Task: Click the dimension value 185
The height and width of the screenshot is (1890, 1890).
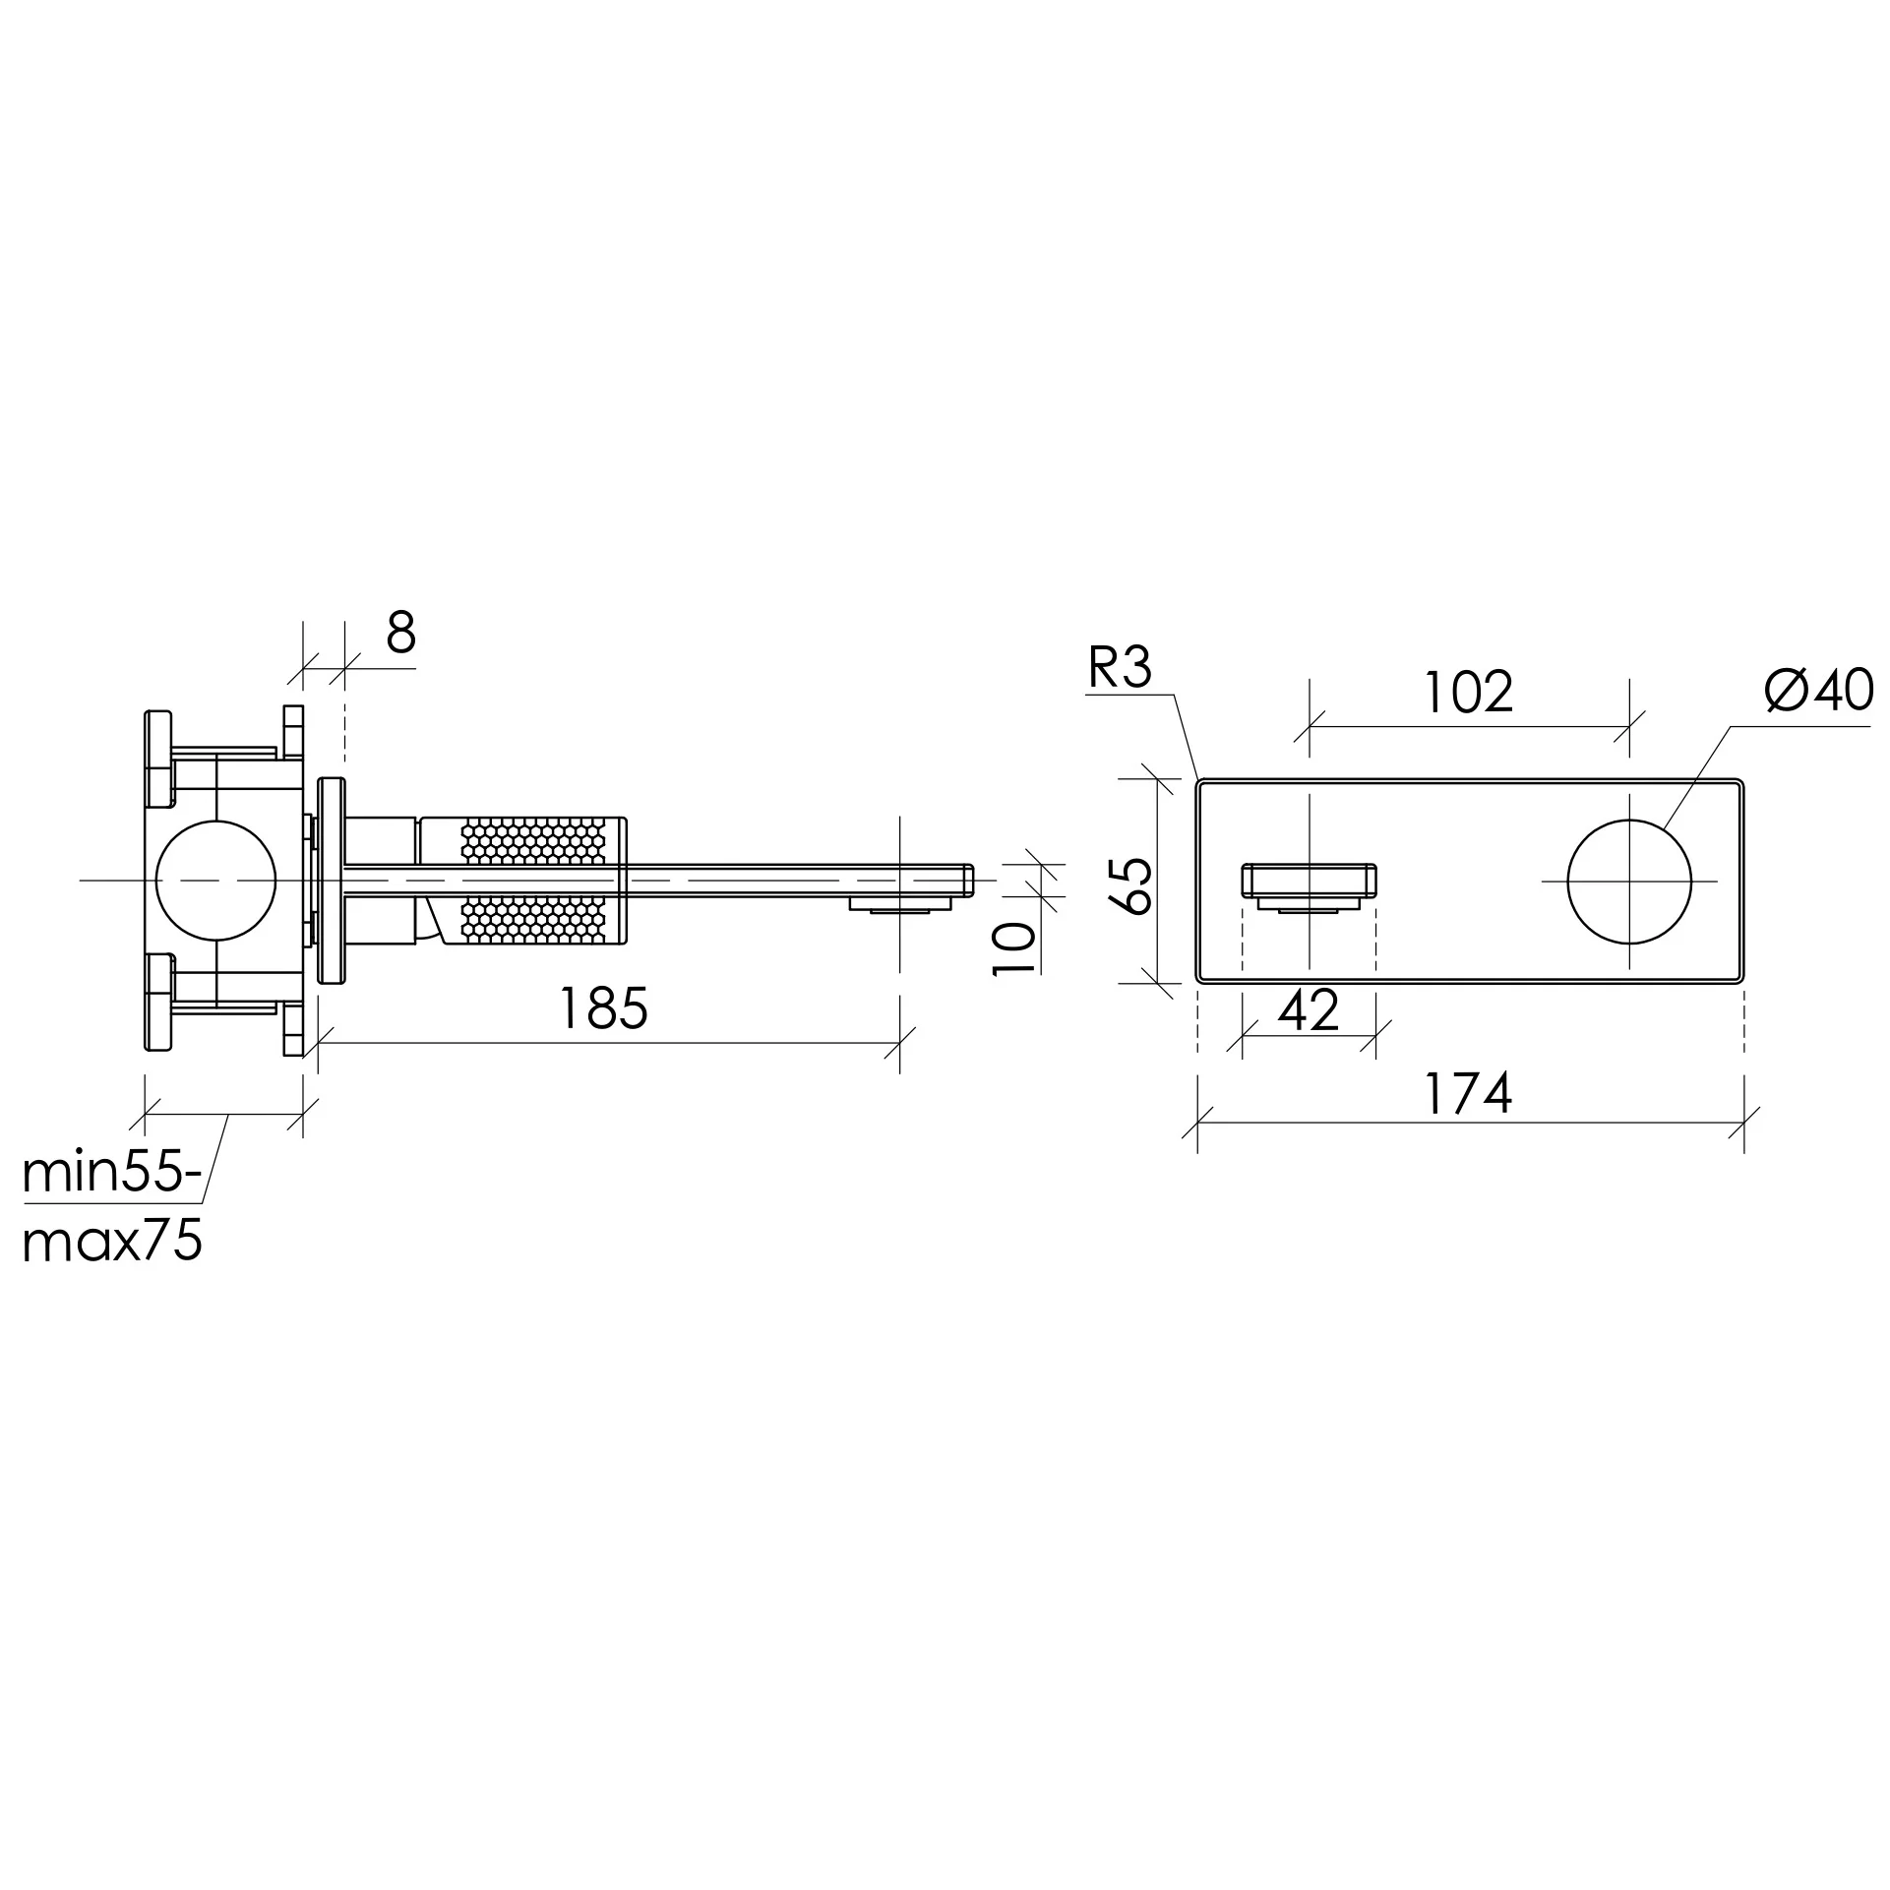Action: (x=603, y=1007)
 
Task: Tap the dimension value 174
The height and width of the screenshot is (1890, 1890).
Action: (x=1469, y=1094)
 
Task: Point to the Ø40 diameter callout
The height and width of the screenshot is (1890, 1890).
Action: (x=1818, y=690)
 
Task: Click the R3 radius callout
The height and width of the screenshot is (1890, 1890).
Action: (x=1120, y=668)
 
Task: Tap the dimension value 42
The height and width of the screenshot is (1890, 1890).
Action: (x=1310, y=1009)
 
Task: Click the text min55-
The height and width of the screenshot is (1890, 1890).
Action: (x=113, y=1173)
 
